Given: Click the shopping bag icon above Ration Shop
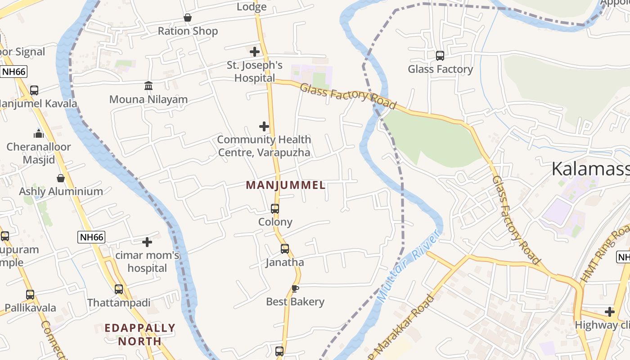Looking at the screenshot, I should (x=188, y=18).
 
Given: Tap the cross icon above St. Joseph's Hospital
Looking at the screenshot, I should (x=255, y=52).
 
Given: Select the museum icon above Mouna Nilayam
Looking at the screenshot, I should (x=148, y=85).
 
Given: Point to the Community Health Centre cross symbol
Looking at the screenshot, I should (x=264, y=126).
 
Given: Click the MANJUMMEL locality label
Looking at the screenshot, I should (x=286, y=185).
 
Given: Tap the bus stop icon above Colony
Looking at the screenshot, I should (x=275, y=209).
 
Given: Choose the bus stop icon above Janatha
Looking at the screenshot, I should (x=285, y=249).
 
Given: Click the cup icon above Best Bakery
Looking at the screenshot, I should (x=295, y=288).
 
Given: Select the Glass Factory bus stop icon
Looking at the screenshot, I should (x=440, y=56).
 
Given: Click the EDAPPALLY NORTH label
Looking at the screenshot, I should (x=140, y=334).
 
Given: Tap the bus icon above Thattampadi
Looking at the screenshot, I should (x=119, y=289).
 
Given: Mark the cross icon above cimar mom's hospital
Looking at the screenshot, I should (x=147, y=242).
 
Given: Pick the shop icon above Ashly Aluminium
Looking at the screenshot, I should (x=61, y=178).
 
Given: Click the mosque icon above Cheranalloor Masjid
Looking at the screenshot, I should (x=39, y=134).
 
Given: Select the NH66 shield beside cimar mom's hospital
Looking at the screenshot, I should (x=91, y=237).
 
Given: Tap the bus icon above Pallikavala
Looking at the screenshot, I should (x=30, y=295).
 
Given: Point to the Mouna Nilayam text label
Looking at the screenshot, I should (x=148, y=99).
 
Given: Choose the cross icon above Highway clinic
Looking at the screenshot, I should (x=610, y=311).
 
